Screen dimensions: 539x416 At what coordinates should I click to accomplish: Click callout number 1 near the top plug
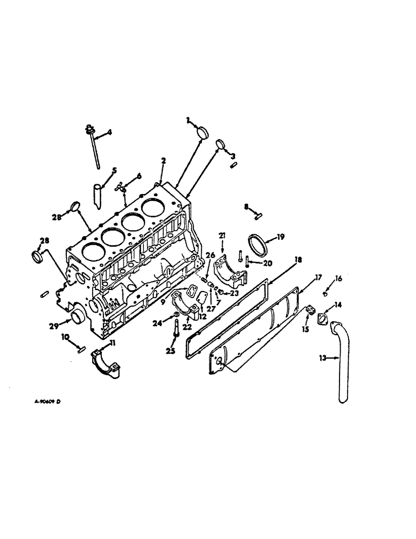188,120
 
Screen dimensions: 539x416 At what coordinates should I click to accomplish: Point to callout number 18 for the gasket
297,259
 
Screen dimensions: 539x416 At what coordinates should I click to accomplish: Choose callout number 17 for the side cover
318,278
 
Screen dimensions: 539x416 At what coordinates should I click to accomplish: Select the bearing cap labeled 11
107,361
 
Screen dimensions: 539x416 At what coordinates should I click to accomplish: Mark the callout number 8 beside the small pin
246,206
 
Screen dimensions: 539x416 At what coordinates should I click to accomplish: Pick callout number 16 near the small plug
338,278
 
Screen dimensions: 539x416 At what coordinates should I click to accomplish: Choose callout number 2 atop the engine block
163,160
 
